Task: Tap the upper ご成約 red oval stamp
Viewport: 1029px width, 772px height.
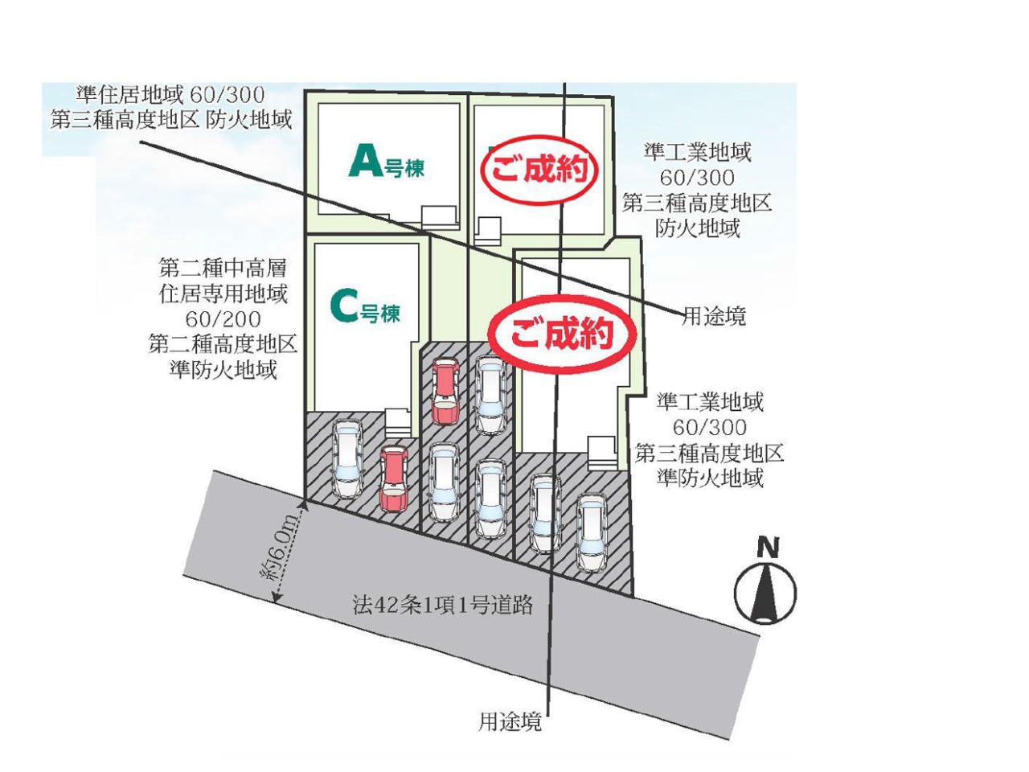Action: tap(539, 170)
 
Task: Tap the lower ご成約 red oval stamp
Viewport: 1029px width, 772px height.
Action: tap(563, 332)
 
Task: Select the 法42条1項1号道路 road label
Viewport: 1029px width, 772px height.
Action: tap(442, 604)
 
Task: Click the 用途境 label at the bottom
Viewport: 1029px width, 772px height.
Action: tap(510, 722)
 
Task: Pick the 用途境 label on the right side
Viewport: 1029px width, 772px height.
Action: tap(714, 316)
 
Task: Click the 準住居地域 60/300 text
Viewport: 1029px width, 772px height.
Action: tap(170, 95)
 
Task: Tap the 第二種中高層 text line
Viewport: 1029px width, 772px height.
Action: tap(223, 267)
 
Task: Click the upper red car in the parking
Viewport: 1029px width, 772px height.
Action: tap(445, 391)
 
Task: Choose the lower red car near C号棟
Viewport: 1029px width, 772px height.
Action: tap(394, 478)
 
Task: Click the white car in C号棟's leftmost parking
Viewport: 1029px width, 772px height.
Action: tap(348, 458)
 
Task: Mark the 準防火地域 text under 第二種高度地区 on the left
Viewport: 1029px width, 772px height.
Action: tap(223, 370)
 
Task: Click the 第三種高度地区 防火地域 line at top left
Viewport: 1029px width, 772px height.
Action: tap(170, 121)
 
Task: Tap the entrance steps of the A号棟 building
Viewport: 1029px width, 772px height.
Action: tap(437, 215)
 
